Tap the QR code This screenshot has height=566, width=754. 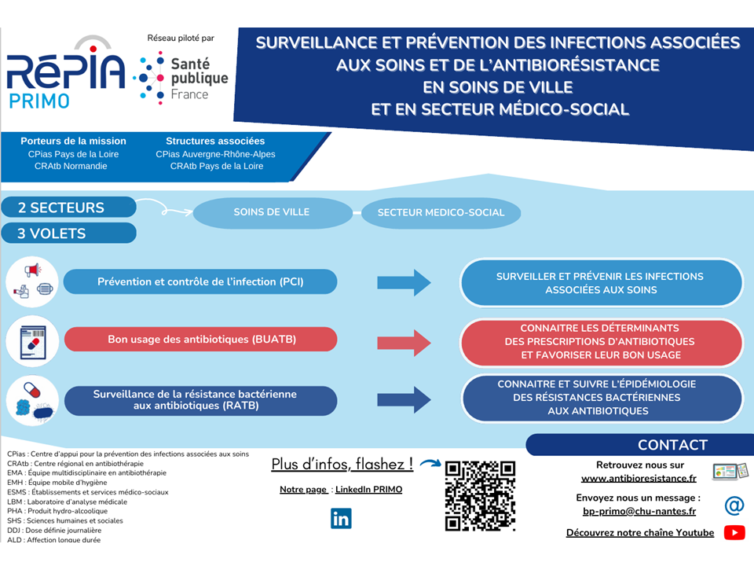[x=480, y=495]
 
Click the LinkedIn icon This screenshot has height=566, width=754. [x=341, y=519]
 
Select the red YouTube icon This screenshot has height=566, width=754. [x=734, y=533]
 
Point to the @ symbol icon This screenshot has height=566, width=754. [x=734, y=505]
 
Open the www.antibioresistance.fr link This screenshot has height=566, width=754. [x=639, y=478]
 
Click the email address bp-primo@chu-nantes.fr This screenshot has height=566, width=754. [x=639, y=512]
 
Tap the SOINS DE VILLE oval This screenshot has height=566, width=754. [x=272, y=212]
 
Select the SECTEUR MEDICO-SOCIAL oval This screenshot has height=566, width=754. [x=440, y=213]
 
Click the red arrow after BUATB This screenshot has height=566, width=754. [x=404, y=341]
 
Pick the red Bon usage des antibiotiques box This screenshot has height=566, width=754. [x=200, y=340]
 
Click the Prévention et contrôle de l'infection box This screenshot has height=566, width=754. [x=200, y=281]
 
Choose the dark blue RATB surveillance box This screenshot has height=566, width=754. [x=200, y=399]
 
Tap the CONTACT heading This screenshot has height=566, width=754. [x=672, y=445]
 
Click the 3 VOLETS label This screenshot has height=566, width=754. [x=69, y=233]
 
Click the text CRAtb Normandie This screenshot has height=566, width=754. [x=71, y=166]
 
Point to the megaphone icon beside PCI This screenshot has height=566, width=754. [x=32, y=271]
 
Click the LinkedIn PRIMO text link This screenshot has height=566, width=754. [x=368, y=490]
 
